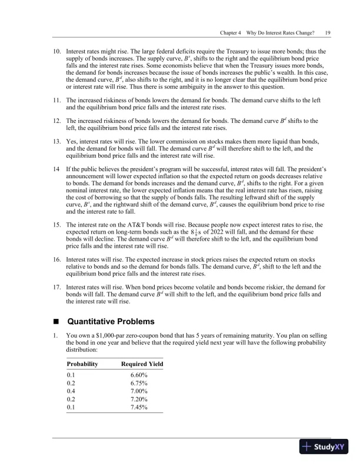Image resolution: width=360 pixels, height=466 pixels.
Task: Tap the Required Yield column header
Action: click(142, 366)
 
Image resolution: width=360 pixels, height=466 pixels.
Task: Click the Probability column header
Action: click(83, 366)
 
